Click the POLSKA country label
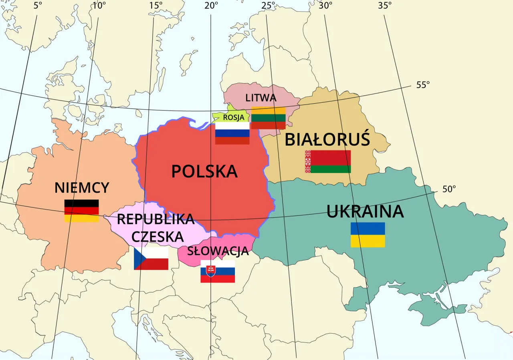pyautogui.click(x=204, y=171)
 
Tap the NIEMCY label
pyautogui.click(x=82, y=188)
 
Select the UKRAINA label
pyautogui.click(x=365, y=211)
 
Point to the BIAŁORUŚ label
pyautogui.click(x=327, y=140)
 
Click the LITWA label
pyautogui.click(x=261, y=98)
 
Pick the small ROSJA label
pyautogui.click(x=233, y=117)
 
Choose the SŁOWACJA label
pyautogui.click(x=218, y=251)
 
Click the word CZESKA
pyautogui.click(x=158, y=237)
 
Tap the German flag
pyautogui.click(x=82, y=211)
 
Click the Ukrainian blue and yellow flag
pyautogui.click(x=368, y=235)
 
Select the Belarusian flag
pyautogui.click(x=328, y=161)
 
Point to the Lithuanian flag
pyautogui.click(x=268, y=118)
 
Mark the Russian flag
pyautogui.click(x=232, y=133)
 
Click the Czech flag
pyautogui.click(x=151, y=259)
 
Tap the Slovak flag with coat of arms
pyautogui.click(x=218, y=272)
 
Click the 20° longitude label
pyautogui.click(x=211, y=5)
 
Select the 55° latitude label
pyautogui.click(x=422, y=85)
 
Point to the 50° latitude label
pyautogui.click(x=449, y=189)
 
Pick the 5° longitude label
pyautogui.click(x=37, y=5)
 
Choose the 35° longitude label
pyautogui.click(x=385, y=5)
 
